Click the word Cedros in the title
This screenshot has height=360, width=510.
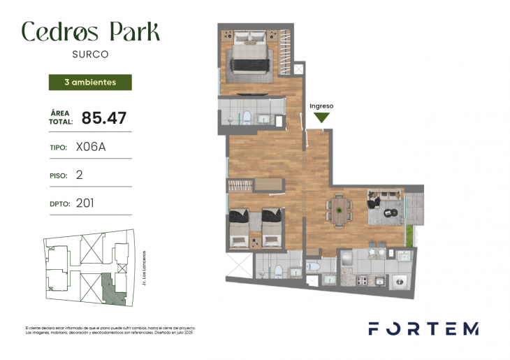(60, 31)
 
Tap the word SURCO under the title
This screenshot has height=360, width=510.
(90, 54)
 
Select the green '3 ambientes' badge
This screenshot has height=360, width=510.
(90, 82)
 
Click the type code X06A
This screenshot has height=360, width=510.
(90, 147)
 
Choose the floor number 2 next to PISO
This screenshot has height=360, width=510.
(79, 175)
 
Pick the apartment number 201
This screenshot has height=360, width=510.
(85, 203)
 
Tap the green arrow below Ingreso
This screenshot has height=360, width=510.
(321, 117)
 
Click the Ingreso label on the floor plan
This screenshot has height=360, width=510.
(321, 106)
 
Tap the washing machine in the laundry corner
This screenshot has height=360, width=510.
(400, 281)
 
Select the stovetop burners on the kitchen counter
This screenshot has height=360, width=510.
(363, 281)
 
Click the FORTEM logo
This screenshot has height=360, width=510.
(423, 329)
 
